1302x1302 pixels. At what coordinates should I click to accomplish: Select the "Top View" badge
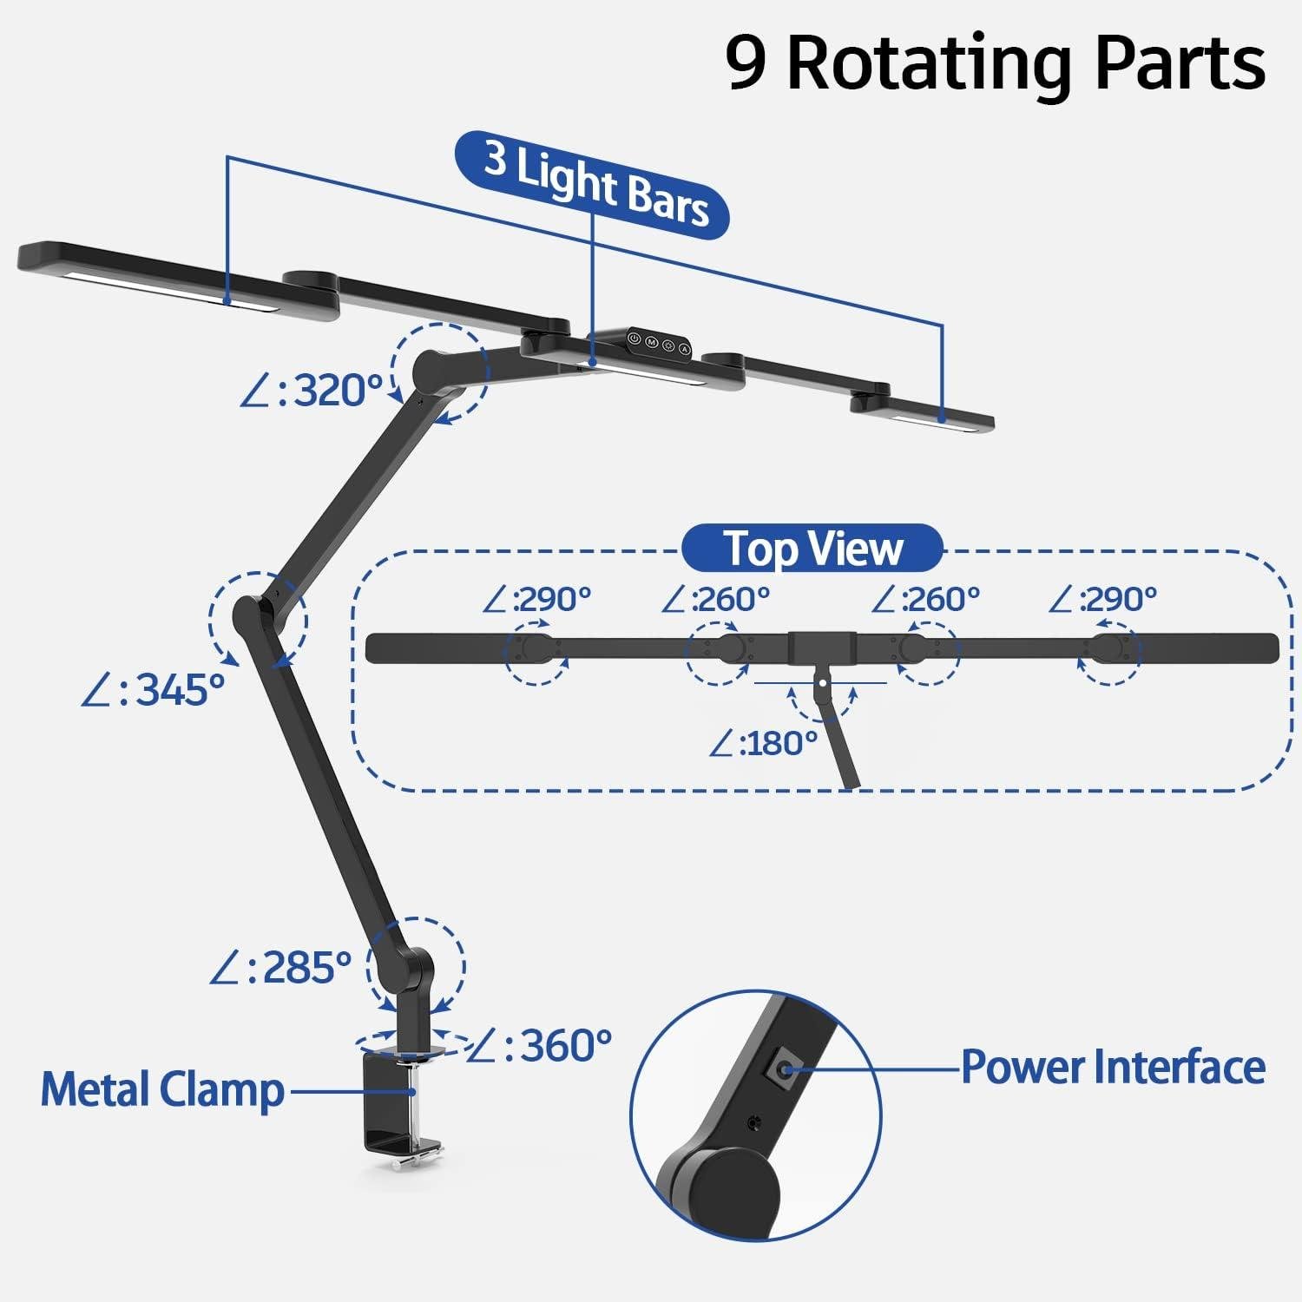point(812,549)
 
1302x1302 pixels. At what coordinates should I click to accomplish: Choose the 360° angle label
point(540,1046)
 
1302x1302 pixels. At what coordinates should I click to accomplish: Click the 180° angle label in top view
point(764,743)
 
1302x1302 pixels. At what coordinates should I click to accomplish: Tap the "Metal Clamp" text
point(162,1090)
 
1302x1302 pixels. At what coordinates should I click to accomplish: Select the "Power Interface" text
point(1113,1067)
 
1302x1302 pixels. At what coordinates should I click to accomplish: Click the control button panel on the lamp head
point(658,343)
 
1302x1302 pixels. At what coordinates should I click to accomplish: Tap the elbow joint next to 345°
point(252,617)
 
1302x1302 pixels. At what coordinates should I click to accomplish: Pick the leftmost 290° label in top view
point(537,599)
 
